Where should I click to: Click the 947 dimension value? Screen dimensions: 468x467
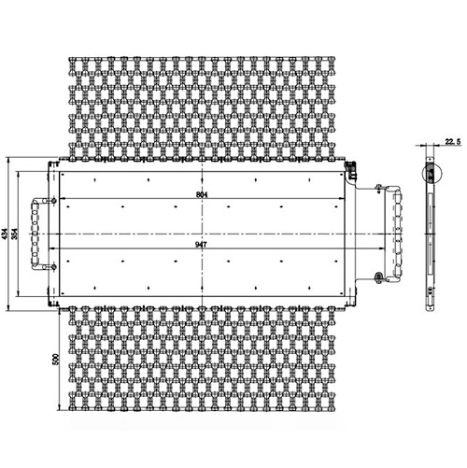[202, 244]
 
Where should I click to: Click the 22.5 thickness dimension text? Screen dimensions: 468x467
[453, 142]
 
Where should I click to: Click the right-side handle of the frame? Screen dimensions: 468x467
[396, 232]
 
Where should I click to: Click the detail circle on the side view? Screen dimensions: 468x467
[430, 175]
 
